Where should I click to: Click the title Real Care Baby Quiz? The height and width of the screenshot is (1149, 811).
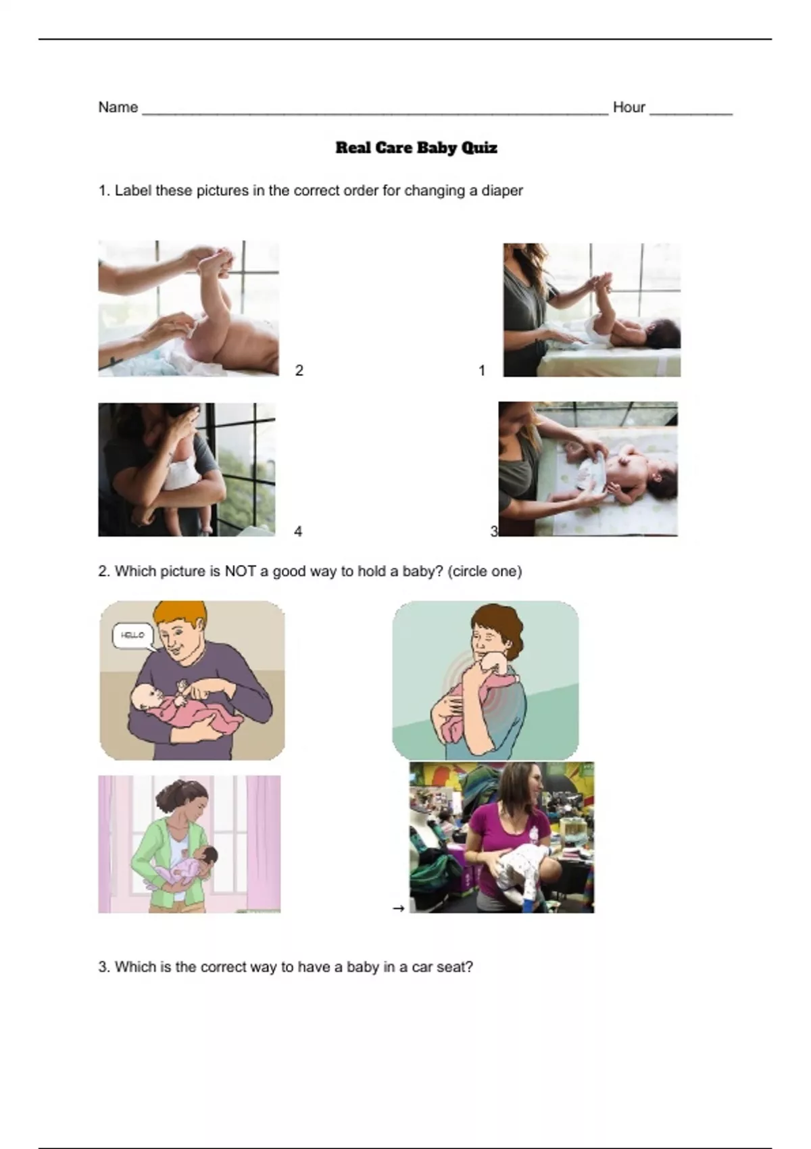click(x=416, y=148)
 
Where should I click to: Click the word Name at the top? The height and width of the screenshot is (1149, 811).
click(x=118, y=107)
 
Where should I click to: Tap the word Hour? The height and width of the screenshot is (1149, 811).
click(x=629, y=107)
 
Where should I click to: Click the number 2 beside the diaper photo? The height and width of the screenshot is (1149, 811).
click(x=299, y=370)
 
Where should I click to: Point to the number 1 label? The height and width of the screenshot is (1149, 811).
click(x=482, y=370)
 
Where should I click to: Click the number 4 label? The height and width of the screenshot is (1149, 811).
click(x=298, y=531)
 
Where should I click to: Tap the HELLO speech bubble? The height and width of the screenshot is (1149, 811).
click(x=133, y=635)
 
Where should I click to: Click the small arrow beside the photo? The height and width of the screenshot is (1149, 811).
click(x=399, y=908)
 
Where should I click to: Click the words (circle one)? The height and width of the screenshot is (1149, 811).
click(x=485, y=571)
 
